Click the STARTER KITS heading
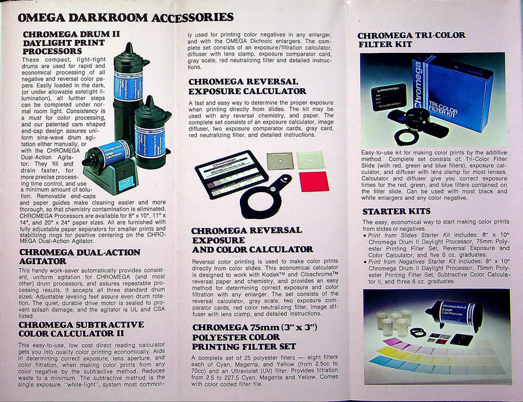pos(396,211)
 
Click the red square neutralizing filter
pos(311,181)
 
